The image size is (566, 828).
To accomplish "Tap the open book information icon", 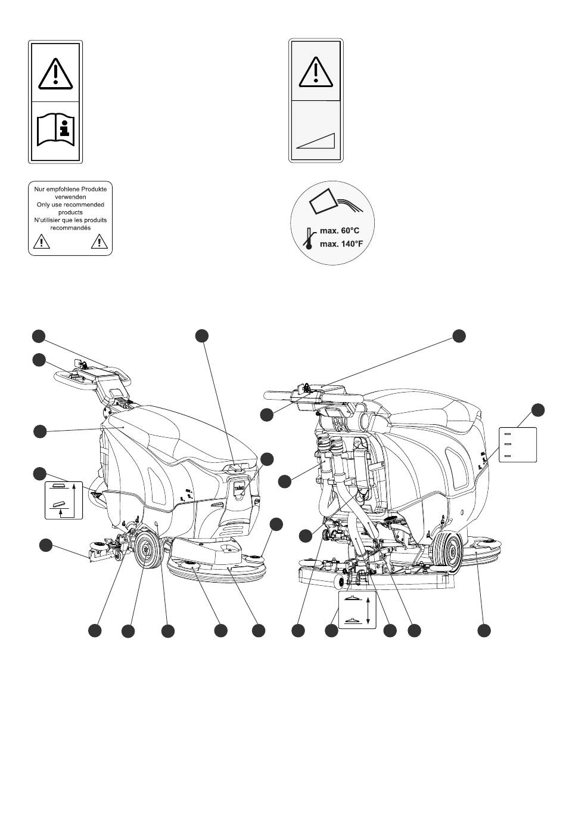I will coord(55,130).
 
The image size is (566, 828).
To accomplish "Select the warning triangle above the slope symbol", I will coord(316,72).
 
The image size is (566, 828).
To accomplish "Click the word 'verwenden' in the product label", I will coord(70,196).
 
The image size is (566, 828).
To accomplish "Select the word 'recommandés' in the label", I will coord(70,228).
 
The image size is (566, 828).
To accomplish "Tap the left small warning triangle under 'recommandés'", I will coord(41,242).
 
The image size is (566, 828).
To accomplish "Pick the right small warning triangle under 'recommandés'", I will coord(99,242).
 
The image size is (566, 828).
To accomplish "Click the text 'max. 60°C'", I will coord(340,230).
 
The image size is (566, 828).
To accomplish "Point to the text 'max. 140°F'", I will coord(341,243).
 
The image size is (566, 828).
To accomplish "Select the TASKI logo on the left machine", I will coord(239,487).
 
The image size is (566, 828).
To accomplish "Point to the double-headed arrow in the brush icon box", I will coord(368,610).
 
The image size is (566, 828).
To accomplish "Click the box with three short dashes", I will coord(517,444).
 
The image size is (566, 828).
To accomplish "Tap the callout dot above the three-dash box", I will coord(537,409).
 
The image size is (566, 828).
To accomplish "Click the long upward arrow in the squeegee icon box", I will coord(74,493).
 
